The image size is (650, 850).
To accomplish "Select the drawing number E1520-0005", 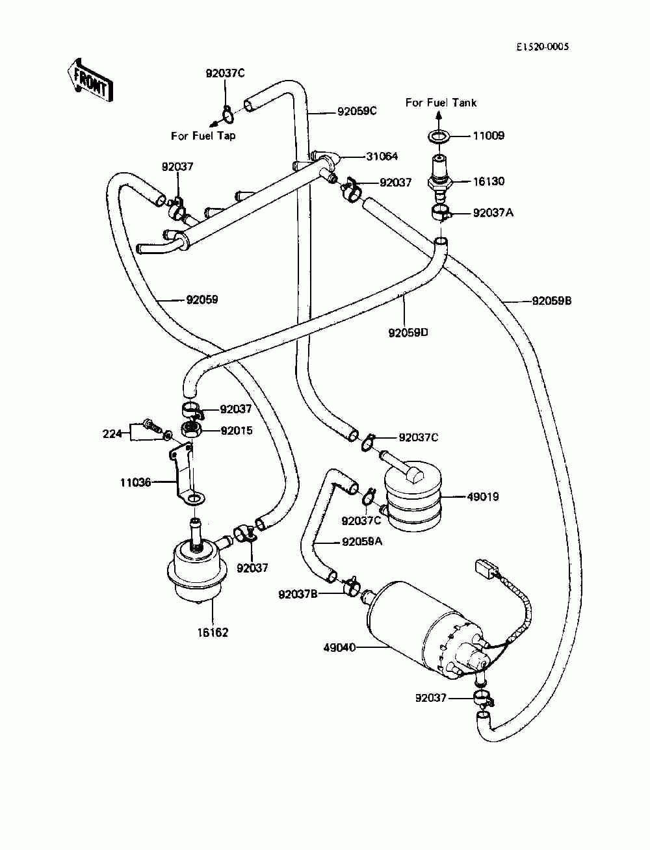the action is (x=542, y=47).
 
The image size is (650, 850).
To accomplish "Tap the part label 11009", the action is (x=488, y=136).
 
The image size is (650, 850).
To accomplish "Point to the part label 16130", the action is (x=488, y=181).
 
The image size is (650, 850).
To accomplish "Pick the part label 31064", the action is (x=382, y=157).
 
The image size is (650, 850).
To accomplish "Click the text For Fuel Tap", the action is (x=203, y=136).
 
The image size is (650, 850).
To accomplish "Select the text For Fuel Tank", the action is (x=441, y=103).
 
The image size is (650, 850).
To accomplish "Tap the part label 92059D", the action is (x=408, y=333).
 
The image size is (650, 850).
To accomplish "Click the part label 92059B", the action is (x=552, y=301).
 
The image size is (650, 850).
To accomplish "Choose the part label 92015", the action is (x=237, y=431).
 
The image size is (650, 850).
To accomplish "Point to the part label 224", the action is (x=112, y=434).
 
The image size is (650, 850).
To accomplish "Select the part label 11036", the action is (x=136, y=483).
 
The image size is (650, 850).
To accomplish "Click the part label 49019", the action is (x=483, y=497).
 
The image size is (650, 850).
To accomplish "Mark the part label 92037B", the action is (x=298, y=594).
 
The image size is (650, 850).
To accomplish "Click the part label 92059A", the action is (x=362, y=542).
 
